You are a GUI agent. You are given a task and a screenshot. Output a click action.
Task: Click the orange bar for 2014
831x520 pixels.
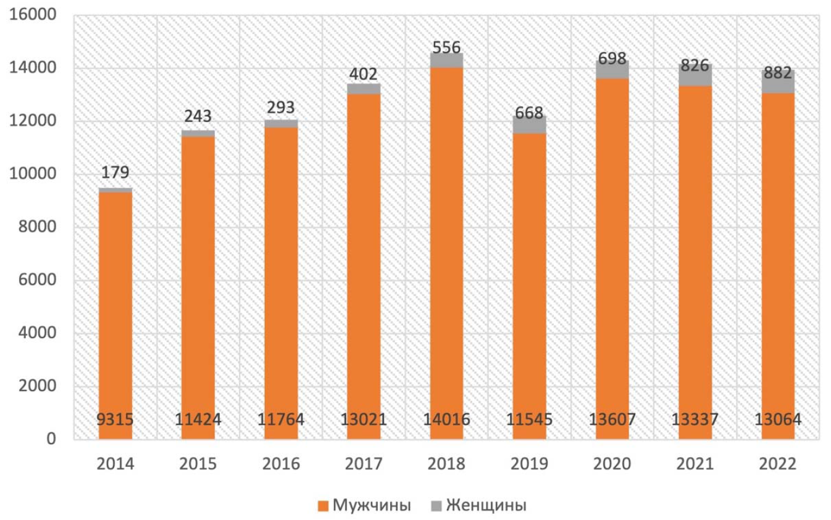[115, 316]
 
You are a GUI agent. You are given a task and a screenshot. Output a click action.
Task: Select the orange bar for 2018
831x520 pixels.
[446, 254]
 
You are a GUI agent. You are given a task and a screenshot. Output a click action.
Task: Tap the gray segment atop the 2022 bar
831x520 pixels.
[778, 81]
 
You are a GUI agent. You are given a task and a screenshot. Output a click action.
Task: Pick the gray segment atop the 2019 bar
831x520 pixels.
[529, 125]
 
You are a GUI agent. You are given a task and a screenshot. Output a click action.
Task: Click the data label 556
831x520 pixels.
[446, 47]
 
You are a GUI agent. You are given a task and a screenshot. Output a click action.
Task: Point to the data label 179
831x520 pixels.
[115, 172]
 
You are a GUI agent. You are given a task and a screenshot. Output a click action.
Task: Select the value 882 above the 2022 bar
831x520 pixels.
[778, 73]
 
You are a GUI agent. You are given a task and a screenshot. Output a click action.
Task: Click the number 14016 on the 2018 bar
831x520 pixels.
[446, 419]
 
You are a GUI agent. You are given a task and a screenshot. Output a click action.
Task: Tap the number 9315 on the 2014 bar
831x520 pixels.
[115, 419]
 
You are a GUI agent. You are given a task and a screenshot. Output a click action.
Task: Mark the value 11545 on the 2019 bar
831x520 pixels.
[529, 419]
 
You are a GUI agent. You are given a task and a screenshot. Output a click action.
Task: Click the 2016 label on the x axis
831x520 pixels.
[281, 464]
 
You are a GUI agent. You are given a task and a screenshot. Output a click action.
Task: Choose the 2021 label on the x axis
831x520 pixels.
[695, 464]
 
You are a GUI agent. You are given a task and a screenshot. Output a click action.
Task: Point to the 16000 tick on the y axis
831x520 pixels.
[33, 15]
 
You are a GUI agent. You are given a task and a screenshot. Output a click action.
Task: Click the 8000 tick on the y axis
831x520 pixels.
[38, 227]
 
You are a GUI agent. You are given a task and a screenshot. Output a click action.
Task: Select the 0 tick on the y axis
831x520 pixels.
[52, 439]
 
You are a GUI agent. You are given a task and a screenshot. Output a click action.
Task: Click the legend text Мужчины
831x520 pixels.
[372, 505]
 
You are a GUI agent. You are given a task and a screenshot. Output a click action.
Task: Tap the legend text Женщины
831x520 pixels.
[486, 505]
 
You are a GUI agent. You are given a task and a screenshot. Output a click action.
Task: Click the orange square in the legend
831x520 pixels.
[323, 506]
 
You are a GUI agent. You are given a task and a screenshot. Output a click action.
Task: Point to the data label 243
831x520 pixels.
[198, 117]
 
